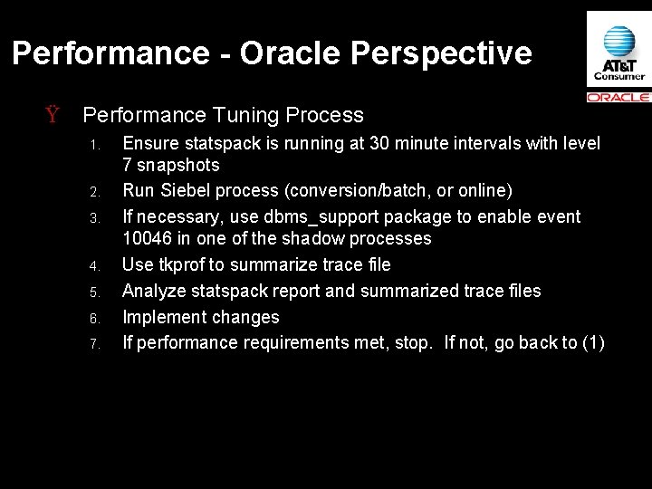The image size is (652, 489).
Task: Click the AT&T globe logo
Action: point(618,42)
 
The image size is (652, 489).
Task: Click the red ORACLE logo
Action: point(618,97)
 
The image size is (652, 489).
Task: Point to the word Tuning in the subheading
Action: point(243,116)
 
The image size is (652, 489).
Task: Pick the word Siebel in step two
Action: point(179,189)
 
